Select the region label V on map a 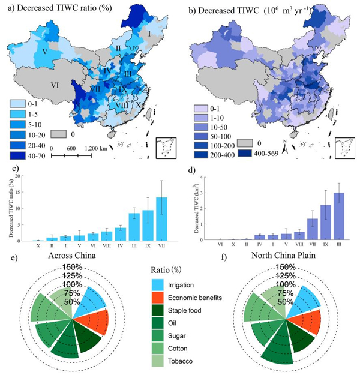(x=44, y=52)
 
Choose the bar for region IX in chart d (x=325, y=223)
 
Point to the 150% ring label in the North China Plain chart (x=277, y=266)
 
